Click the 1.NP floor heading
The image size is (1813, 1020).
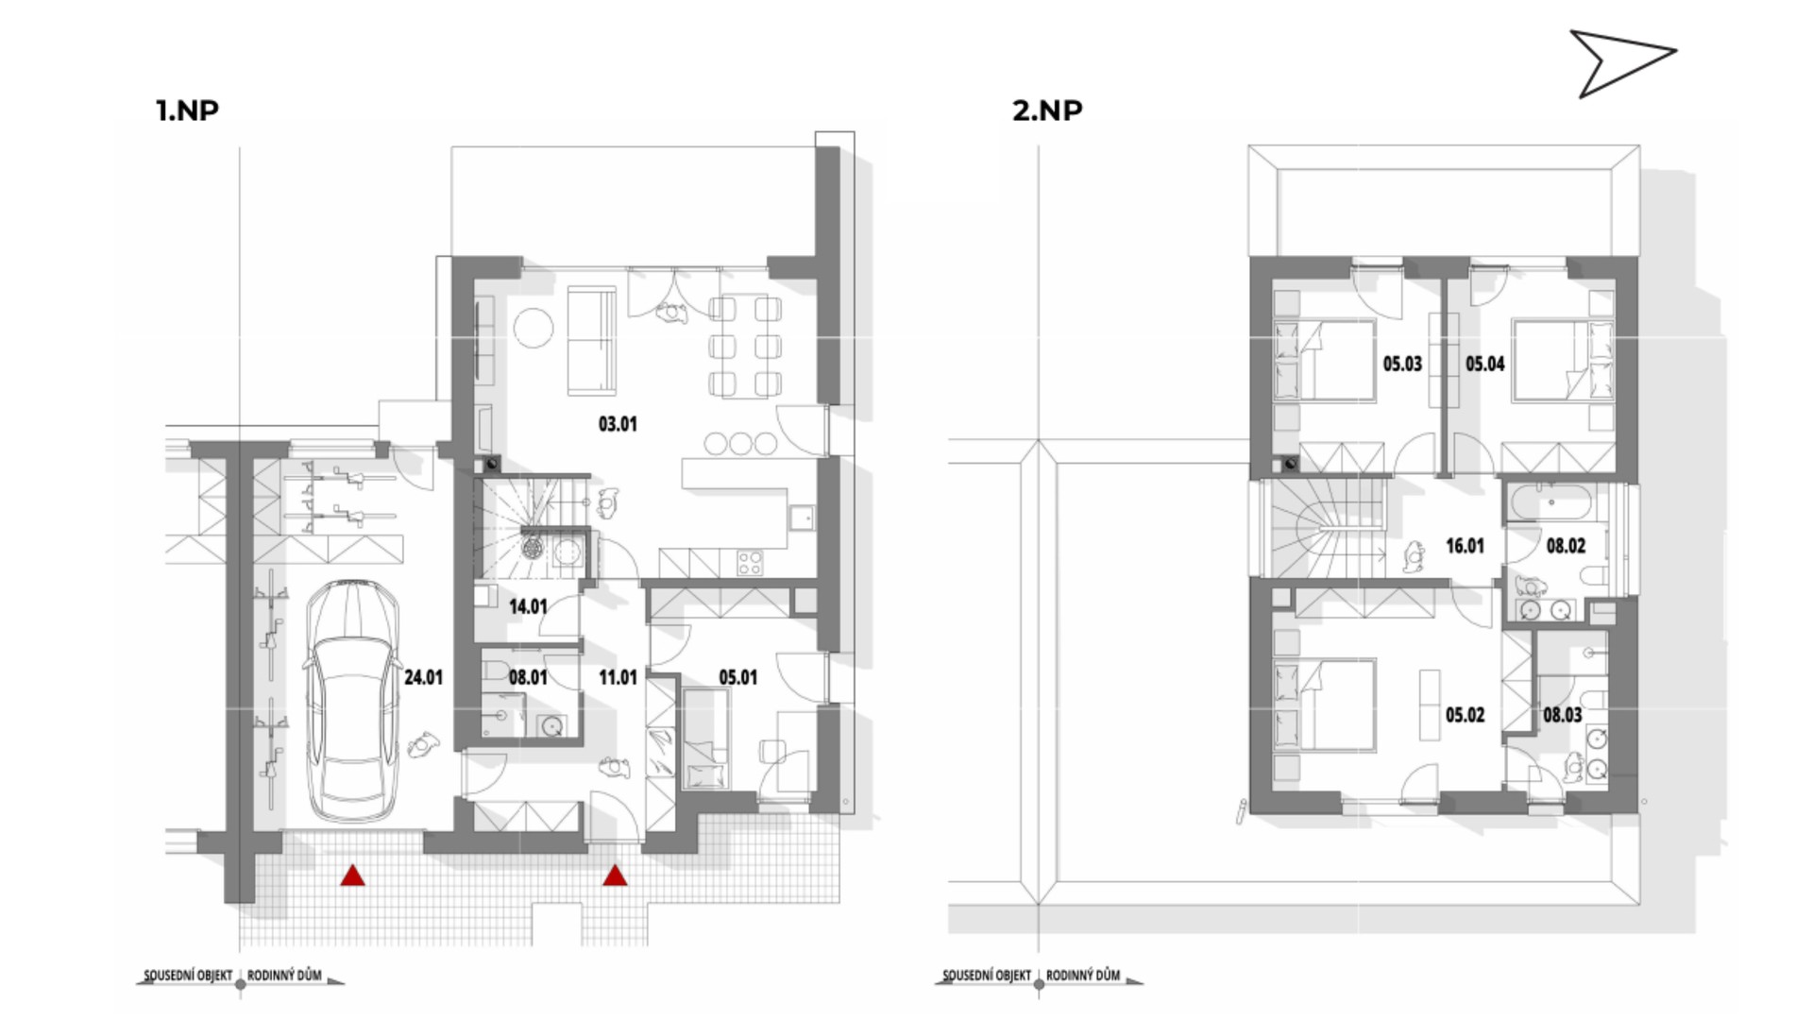pyautogui.click(x=187, y=110)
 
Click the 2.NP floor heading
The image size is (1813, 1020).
pyautogui.click(x=1047, y=110)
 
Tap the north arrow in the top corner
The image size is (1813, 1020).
pyautogui.click(x=1622, y=62)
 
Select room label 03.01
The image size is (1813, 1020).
pyautogui.click(x=618, y=424)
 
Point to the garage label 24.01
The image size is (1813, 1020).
pyautogui.click(x=423, y=677)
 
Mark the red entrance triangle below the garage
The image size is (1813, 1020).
pyautogui.click(x=353, y=875)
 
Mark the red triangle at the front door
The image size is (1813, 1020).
pyautogui.click(x=616, y=875)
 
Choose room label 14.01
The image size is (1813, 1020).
pyautogui.click(x=528, y=606)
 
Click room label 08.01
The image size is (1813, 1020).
pyautogui.click(x=528, y=677)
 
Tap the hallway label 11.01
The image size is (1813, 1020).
pyautogui.click(x=618, y=677)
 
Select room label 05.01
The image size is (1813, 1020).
pyautogui.click(x=737, y=677)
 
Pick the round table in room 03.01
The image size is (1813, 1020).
pyautogui.click(x=534, y=328)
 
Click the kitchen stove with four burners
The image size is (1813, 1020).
pyautogui.click(x=751, y=563)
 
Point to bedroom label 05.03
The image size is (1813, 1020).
pyautogui.click(x=1402, y=364)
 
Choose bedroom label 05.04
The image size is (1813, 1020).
pyautogui.click(x=1485, y=364)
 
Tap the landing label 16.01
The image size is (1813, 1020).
pyautogui.click(x=1465, y=546)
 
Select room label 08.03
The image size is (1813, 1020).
pyautogui.click(x=1563, y=715)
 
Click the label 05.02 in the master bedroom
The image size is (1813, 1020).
pyautogui.click(x=1465, y=715)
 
